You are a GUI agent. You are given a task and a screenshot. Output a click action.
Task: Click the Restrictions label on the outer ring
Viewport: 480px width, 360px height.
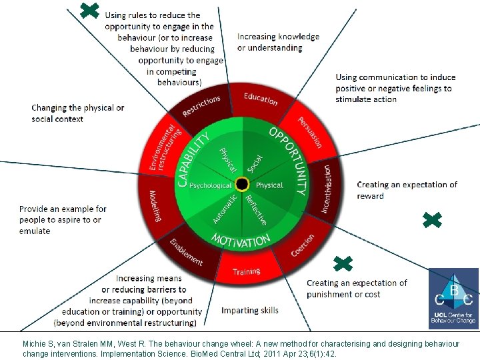[201, 106]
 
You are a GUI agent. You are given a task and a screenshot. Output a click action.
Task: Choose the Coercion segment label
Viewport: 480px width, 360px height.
[303, 245]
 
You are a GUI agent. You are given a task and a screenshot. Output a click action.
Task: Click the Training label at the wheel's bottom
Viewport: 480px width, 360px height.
[246, 272]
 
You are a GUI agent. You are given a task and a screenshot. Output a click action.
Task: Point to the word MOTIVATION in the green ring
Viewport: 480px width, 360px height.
[241, 239]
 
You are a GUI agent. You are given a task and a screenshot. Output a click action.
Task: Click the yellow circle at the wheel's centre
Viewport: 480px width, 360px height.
[243, 184]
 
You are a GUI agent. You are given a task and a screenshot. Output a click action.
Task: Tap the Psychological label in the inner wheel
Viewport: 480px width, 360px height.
[210, 185]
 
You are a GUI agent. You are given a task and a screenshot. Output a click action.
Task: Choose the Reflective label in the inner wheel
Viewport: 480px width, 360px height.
[256, 209]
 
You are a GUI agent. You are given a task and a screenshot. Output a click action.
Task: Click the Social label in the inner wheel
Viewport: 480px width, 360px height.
[255, 161]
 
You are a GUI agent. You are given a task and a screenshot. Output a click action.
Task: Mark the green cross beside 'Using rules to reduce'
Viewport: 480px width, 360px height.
[89, 9]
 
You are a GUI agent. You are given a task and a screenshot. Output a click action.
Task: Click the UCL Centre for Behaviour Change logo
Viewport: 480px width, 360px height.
[453, 297]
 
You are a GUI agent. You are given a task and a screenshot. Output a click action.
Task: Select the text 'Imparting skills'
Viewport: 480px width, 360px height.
[250, 310]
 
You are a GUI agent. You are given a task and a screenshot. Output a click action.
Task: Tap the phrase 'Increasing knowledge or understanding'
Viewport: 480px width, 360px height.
[278, 42]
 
